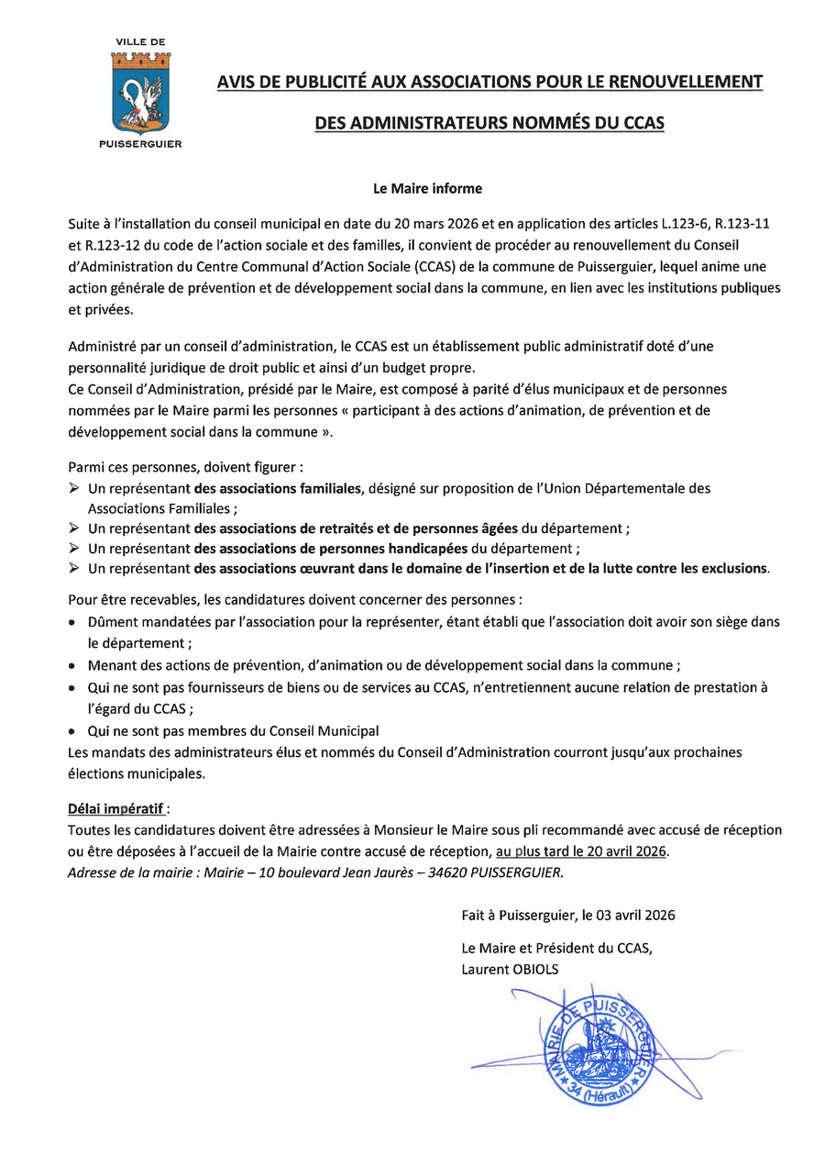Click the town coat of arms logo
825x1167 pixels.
(140, 92)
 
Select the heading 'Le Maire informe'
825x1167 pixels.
(426, 189)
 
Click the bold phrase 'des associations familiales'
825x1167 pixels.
(280, 488)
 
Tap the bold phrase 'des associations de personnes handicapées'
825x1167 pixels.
(331, 549)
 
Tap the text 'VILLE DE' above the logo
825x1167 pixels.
(140, 42)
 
